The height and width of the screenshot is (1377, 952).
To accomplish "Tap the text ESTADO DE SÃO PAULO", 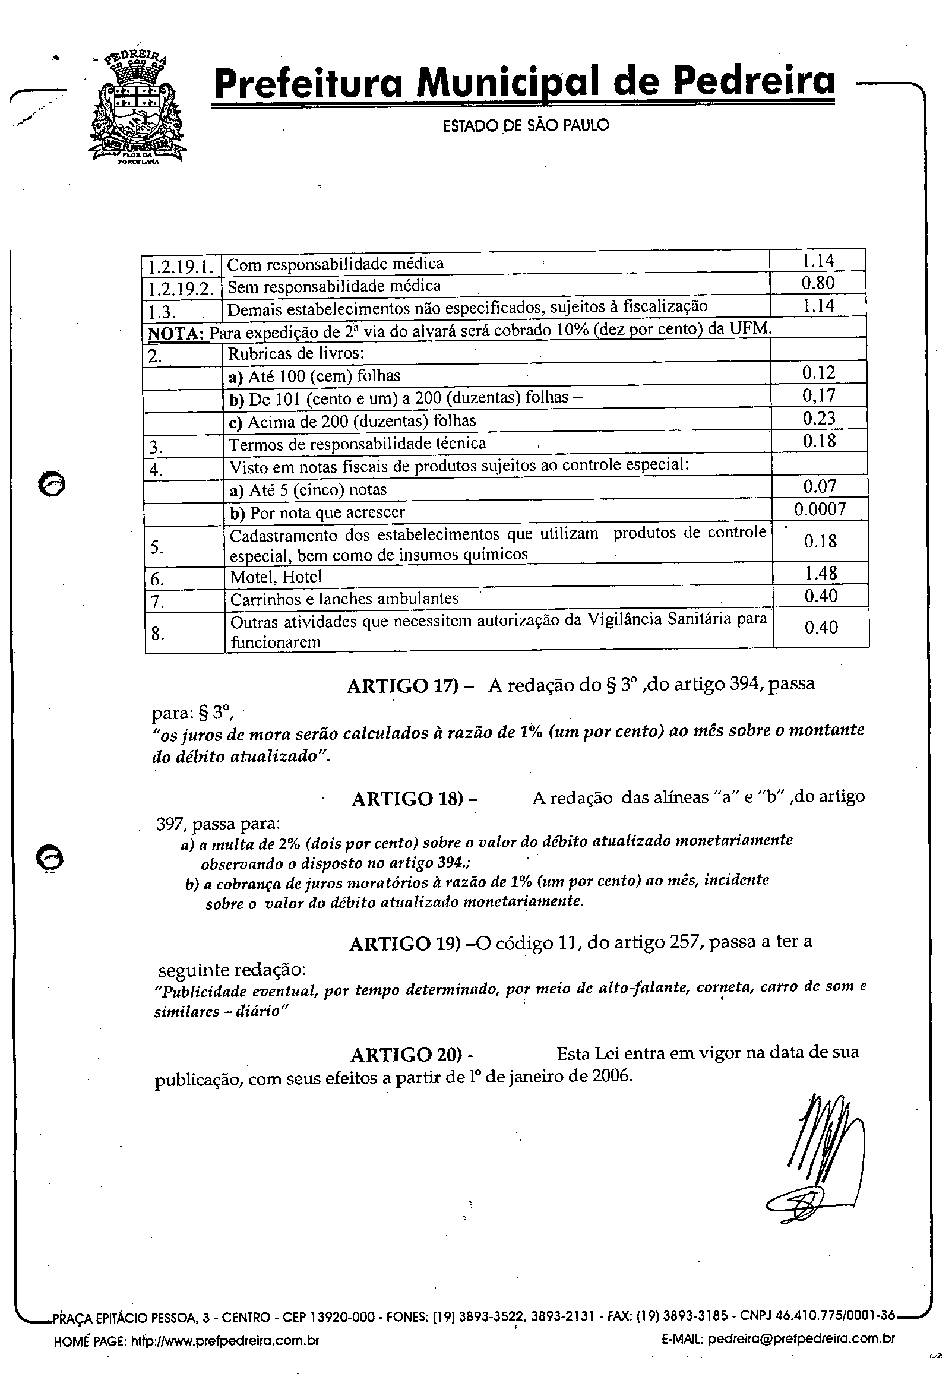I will pos(526,125).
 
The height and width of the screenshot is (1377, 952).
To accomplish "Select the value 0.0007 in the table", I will pos(820,509).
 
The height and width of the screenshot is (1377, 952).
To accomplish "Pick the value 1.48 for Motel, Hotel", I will pos(821,573).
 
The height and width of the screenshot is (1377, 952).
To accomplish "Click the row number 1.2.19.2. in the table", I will pos(181,288).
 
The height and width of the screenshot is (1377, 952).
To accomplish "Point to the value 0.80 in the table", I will pos(818,283).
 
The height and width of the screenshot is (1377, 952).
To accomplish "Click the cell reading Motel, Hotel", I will pos(276,577).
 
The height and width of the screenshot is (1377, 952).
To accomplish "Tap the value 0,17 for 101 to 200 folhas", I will pos(818,395).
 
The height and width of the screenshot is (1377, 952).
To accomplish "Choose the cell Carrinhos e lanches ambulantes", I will pos(344,599).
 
